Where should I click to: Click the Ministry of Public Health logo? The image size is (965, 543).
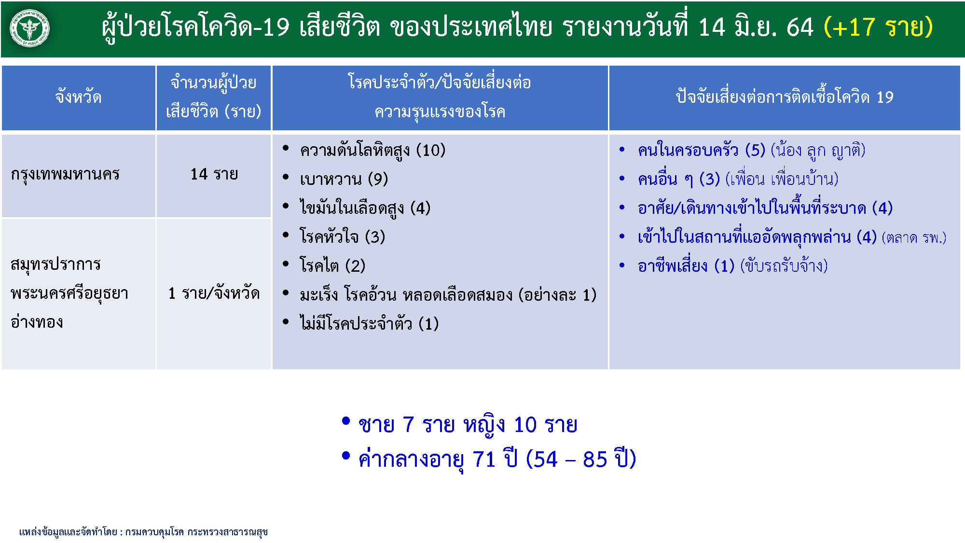[x=29, y=28]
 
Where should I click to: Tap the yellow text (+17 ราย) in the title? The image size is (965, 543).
[x=878, y=27]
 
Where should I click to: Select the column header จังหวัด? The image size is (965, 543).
[x=78, y=97]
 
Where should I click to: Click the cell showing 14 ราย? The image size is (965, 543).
[x=214, y=174]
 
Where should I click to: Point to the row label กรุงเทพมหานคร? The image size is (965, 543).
[x=65, y=174]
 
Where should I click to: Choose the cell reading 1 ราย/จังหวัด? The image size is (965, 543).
[x=214, y=293]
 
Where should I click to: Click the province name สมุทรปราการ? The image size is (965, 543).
[x=55, y=265]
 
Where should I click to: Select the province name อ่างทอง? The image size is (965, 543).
[x=37, y=321]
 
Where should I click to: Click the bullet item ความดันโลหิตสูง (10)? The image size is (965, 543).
[x=372, y=151]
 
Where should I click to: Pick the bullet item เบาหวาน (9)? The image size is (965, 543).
[x=344, y=180]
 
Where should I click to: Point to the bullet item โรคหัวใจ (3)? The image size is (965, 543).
[x=343, y=237]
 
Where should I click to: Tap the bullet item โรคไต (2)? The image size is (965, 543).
[x=332, y=265]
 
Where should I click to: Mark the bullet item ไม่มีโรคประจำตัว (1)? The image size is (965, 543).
[x=369, y=323]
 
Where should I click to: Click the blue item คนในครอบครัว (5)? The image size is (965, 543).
[x=702, y=151]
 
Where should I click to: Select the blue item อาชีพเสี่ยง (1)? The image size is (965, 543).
[x=686, y=266]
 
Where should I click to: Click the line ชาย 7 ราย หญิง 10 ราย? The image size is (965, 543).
[x=468, y=425]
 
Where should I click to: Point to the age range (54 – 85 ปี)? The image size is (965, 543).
[x=581, y=459]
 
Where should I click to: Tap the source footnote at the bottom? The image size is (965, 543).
[x=143, y=532]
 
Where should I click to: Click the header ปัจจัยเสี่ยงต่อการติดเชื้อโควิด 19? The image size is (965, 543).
[x=785, y=97]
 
